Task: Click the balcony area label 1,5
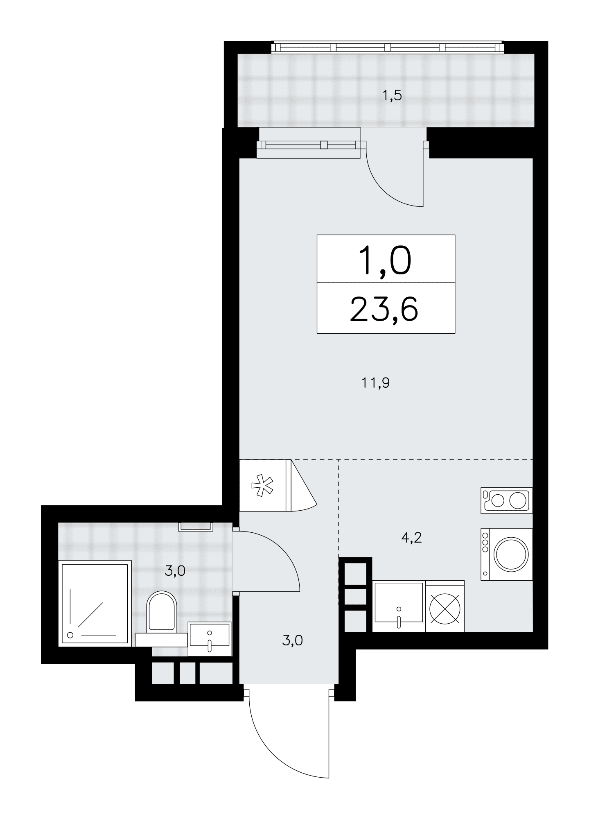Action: pos(392,96)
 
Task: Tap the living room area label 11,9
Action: pos(375,383)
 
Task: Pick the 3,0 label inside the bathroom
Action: pos(175,571)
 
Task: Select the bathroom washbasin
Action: pos(210,639)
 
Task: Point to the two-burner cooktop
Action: pos(507,500)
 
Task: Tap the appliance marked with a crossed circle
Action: pos(445,606)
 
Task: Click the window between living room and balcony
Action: pos(311,145)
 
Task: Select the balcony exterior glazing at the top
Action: pos(387,48)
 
